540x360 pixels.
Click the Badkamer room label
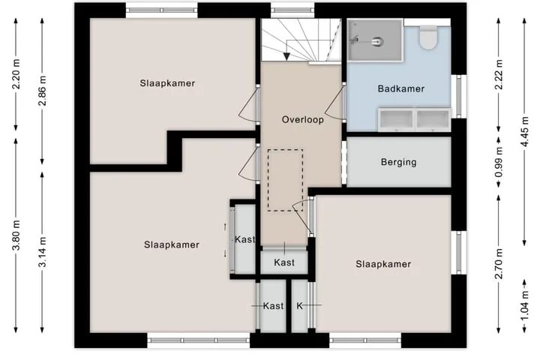click(400, 88)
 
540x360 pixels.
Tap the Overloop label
click(303, 119)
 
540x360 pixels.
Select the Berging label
click(398, 162)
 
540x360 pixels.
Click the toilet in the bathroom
click(428, 37)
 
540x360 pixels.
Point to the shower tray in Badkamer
click(375, 40)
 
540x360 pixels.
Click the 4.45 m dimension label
click(524, 131)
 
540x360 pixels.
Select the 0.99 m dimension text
click(498, 162)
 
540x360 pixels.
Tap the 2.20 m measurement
click(16, 74)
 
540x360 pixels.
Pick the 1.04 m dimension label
click(524, 306)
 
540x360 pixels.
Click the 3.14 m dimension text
click(42, 252)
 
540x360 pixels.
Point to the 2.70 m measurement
click(498, 263)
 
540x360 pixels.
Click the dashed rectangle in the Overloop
click(286, 180)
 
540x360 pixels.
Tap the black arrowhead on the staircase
click(286, 56)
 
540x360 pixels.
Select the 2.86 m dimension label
click(42, 91)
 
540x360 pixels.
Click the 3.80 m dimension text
click(16, 235)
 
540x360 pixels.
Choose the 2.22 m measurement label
click(498, 74)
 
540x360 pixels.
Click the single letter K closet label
click(299, 306)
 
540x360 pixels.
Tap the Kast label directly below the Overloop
click(284, 262)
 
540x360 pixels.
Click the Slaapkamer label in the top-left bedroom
click(167, 83)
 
